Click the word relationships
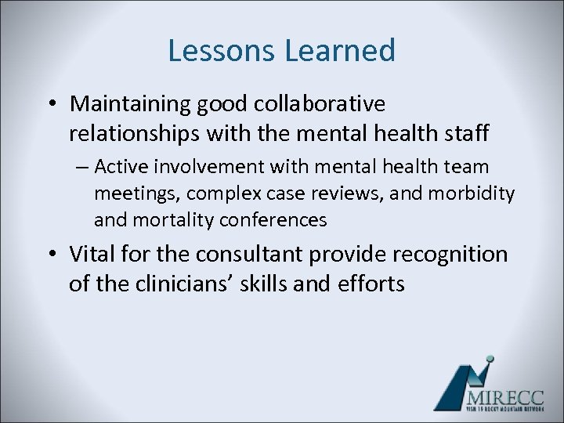[x=135, y=133]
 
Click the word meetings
[x=136, y=193]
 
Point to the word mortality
[x=174, y=220]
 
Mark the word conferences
[x=273, y=220]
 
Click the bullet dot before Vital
[x=52, y=255]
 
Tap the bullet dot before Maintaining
[x=52, y=104]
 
